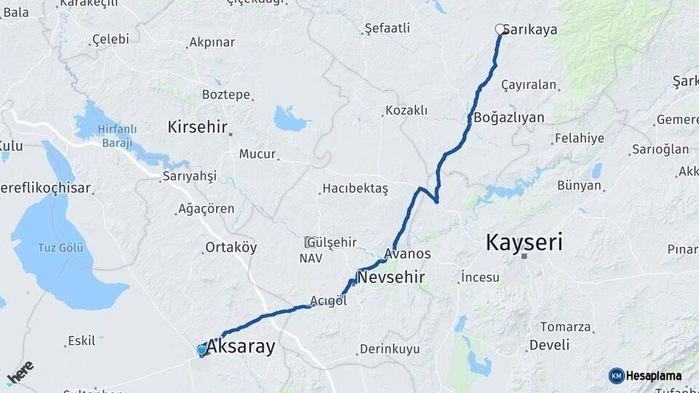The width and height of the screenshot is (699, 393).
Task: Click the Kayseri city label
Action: click(524, 242)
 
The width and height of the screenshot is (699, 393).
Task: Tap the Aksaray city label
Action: click(241, 347)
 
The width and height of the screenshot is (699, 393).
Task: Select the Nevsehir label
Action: click(390, 277)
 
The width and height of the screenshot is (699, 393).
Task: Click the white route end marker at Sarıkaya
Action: click(500, 29)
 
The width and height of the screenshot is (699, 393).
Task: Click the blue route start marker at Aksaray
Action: click(202, 350)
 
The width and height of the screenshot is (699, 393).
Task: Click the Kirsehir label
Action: click(197, 127)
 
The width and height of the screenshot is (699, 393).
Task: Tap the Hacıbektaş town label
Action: click(355, 188)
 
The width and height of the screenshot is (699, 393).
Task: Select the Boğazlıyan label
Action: click(508, 116)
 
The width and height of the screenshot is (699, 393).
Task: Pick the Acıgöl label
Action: click(328, 301)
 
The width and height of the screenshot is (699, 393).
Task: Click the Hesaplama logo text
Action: click(654, 376)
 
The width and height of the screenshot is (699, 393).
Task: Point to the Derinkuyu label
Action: click(390, 349)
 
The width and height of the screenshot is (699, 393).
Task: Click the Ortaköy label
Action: click(231, 247)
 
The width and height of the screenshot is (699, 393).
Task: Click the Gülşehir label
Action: click(331, 242)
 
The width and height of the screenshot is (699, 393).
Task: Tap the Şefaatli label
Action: click(387, 28)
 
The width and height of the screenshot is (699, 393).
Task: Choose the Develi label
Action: click(549, 345)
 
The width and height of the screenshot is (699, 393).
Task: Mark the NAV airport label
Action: click(309, 258)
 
